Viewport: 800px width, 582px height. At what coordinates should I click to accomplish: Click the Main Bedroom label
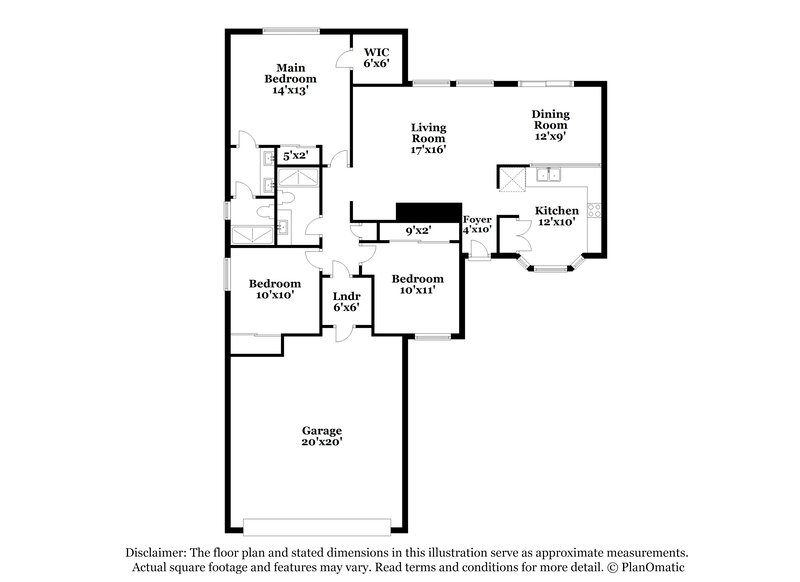[290, 78]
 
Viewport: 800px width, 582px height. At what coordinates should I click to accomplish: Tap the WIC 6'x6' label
[376, 56]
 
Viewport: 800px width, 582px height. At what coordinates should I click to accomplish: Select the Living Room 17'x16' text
[429, 138]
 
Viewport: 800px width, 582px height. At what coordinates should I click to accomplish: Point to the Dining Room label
[550, 126]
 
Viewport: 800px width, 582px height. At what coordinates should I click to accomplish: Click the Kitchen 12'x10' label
[557, 216]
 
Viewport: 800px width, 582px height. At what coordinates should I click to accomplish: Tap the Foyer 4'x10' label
[477, 224]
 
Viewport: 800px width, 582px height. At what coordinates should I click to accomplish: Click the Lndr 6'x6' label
[346, 301]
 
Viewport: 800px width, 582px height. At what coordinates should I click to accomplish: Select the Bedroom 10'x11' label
[417, 284]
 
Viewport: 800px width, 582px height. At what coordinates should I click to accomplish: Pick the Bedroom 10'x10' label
[275, 289]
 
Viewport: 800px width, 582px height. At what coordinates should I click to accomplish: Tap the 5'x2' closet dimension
[294, 156]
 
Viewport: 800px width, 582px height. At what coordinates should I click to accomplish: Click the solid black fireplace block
[426, 212]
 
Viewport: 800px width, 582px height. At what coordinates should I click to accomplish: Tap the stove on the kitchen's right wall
[595, 210]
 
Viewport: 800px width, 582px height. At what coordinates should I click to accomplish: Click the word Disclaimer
[158, 552]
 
